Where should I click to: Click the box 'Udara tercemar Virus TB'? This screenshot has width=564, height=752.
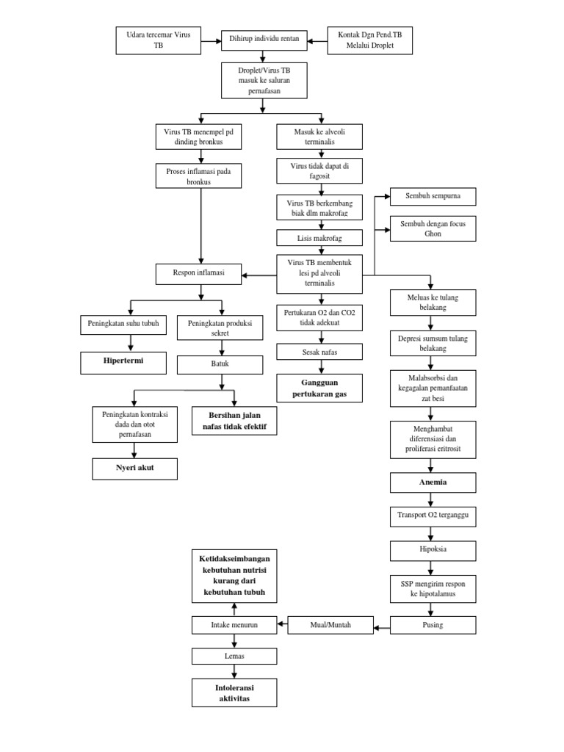159,40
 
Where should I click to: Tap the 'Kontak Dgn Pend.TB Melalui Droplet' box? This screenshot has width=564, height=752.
371,40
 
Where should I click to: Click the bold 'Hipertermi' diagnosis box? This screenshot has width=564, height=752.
123,363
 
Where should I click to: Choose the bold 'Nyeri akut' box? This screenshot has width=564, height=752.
134,468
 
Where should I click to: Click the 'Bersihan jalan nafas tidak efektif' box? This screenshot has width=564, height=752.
234,420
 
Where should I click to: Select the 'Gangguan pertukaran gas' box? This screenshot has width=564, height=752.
319,389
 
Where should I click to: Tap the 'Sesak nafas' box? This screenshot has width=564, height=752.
319,352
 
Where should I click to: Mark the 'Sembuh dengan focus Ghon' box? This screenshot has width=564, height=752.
433,228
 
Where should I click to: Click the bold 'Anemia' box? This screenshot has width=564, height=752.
433,483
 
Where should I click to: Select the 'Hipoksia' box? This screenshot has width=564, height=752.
433,550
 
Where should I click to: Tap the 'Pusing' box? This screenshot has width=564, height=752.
433,625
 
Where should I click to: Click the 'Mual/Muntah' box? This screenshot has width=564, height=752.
330,625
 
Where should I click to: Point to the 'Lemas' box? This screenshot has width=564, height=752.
234,656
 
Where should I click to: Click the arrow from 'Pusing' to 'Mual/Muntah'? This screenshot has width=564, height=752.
381,626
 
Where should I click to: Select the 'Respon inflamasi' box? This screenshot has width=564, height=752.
199,275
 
